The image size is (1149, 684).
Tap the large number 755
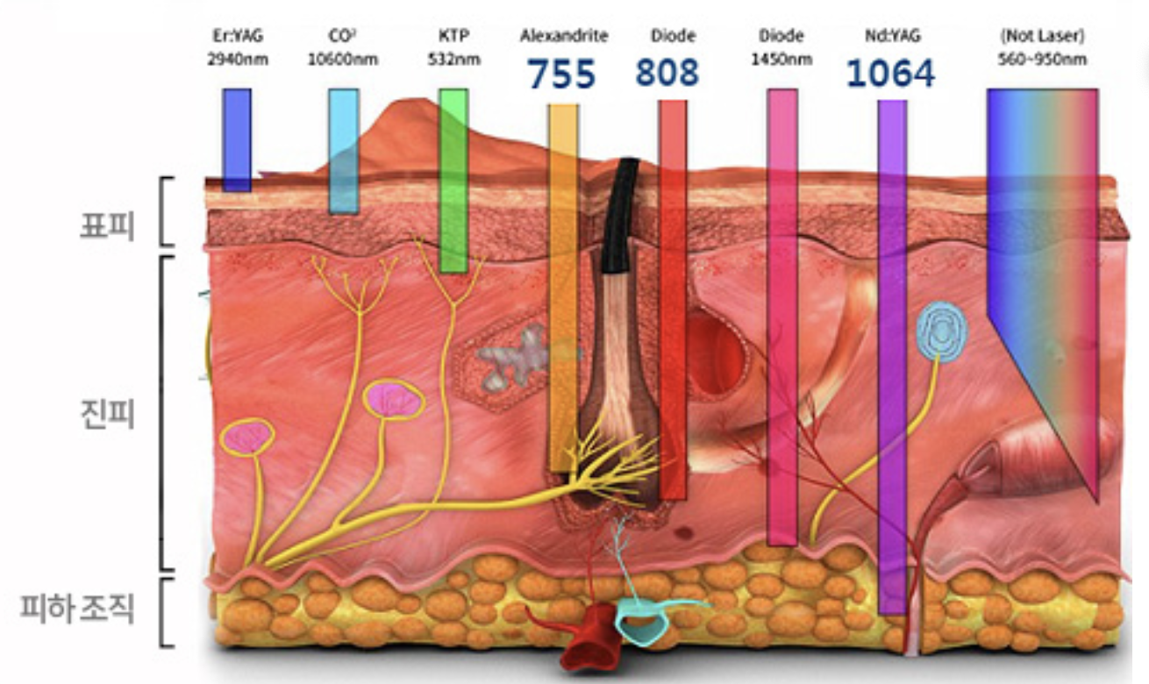click(561, 75)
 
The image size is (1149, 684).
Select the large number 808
click(667, 72)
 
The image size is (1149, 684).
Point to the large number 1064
click(890, 75)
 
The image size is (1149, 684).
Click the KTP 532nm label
click(453, 48)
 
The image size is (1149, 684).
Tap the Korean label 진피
click(104, 412)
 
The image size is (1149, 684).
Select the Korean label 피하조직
click(78, 608)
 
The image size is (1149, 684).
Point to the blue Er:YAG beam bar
click(237, 140)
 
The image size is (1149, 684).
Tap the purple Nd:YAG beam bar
click(892, 351)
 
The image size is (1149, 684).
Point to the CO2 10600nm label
click(342, 48)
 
